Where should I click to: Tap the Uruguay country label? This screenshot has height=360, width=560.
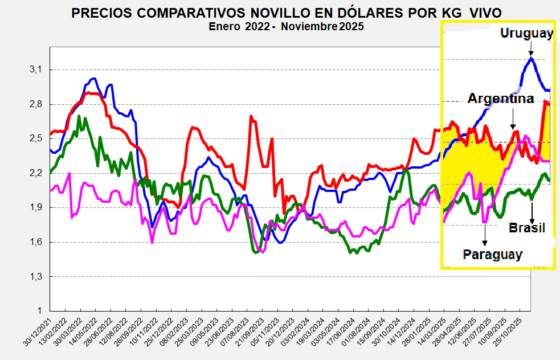(526, 33)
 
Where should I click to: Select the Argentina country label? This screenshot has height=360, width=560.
(501, 99)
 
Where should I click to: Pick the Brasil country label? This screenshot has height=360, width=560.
(527, 228)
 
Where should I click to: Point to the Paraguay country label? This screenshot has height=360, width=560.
(492, 255)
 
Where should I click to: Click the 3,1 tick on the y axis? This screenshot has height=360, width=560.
(35, 69)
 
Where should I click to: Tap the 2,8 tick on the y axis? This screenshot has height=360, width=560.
(35, 104)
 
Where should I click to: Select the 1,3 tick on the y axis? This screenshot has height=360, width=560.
(35, 276)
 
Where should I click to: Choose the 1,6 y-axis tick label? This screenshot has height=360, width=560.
(35, 242)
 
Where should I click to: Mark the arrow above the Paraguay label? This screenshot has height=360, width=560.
(485, 235)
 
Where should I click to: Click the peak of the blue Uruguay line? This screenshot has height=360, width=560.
(532, 58)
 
